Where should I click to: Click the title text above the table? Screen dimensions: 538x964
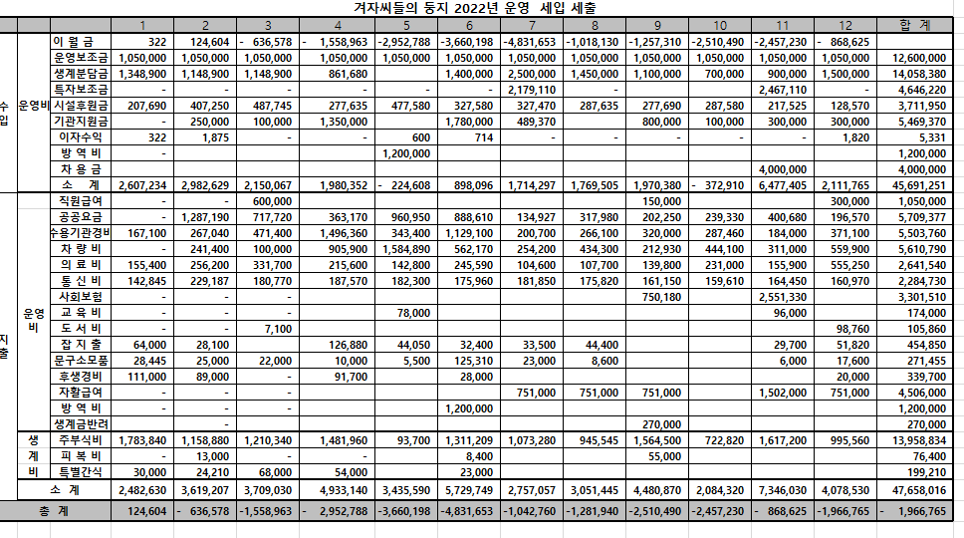483,8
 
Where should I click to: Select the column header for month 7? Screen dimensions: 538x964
533,24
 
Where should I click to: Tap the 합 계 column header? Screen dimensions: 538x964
914,24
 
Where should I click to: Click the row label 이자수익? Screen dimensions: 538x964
80,136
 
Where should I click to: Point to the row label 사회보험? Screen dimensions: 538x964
80,297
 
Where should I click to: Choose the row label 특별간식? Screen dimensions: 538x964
80,472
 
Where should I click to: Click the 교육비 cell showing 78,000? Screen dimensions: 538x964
408,313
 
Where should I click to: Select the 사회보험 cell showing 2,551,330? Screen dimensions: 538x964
783,297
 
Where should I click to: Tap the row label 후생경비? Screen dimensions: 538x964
80,377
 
